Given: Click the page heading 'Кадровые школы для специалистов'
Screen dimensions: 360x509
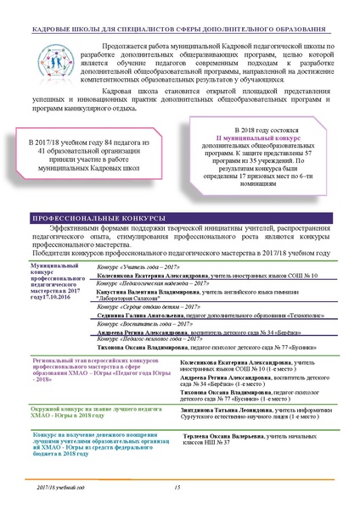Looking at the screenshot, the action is click(180, 17).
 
